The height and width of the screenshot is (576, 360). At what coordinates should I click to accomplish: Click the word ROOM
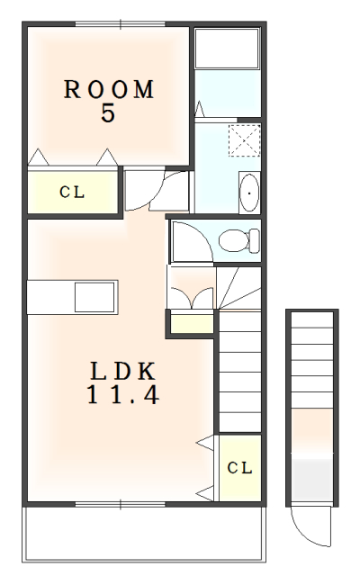pos(109,89)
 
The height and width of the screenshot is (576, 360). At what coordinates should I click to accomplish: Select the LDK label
pos(123,371)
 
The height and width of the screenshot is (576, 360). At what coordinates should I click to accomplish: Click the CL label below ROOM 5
pos(72,191)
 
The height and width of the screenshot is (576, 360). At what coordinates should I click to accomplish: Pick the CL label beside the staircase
pos(239,468)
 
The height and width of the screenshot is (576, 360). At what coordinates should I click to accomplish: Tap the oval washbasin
pos(249,193)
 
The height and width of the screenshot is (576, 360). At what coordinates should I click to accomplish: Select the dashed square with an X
pos(243,142)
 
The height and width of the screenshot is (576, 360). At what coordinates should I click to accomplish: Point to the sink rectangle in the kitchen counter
pos(95,295)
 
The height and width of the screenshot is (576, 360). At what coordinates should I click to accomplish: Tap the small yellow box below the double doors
pos(191,322)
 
